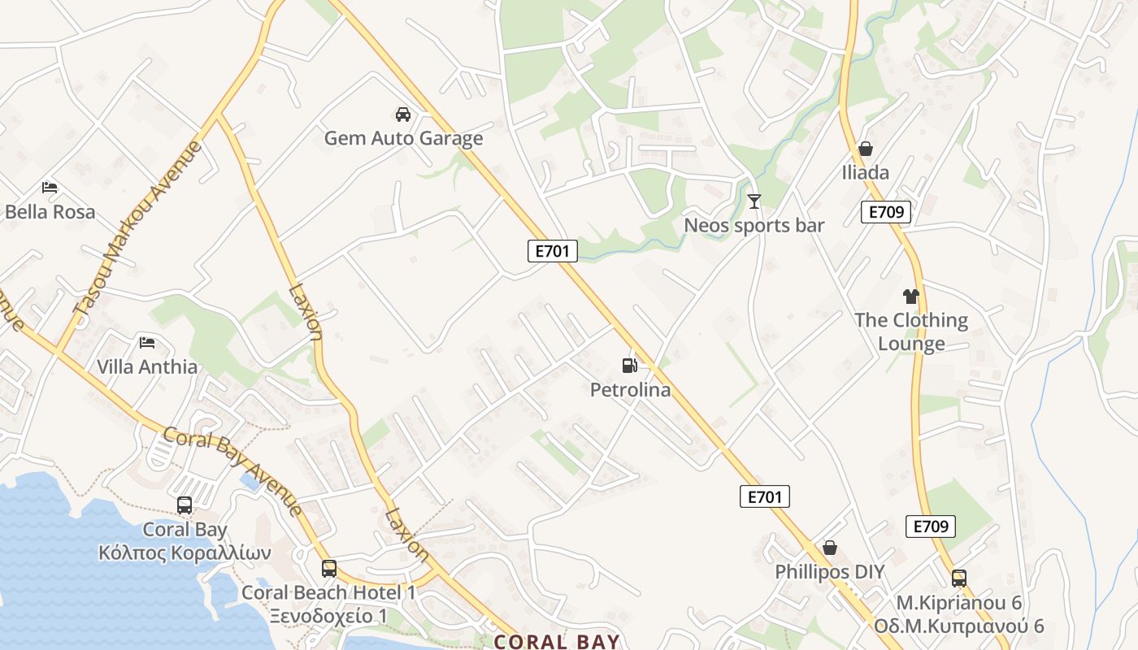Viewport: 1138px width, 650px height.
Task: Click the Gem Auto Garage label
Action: coord(403,138)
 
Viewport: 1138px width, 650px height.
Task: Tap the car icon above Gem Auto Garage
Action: coord(402,114)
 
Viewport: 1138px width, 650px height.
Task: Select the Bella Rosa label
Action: coord(50,212)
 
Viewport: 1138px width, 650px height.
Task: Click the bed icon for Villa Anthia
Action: coord(147,342)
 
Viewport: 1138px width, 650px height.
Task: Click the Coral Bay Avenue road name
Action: coord(232,471)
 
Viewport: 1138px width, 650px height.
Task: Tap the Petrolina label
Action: coord(630,390)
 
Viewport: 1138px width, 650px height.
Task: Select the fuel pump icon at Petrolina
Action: coord(629,366)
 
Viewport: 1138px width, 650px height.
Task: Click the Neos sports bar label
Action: coord(754,226)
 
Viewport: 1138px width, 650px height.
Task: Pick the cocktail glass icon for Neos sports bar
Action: coord(754,201)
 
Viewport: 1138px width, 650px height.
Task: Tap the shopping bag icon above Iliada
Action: coord(865,149)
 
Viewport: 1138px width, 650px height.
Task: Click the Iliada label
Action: coord(865,172)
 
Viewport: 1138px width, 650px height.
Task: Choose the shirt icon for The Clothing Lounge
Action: coord(910,297)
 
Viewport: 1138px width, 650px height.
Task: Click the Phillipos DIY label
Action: coord(829,572)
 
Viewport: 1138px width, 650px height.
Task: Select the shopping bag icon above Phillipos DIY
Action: coord(829,548)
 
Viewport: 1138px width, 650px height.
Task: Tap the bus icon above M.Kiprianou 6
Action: coord(959,578)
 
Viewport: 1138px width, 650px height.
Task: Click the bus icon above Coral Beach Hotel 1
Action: coord(328,569)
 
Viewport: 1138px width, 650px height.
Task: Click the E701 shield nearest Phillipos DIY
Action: coord(764,496)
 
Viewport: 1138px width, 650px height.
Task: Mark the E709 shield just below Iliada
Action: coord(885,212)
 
